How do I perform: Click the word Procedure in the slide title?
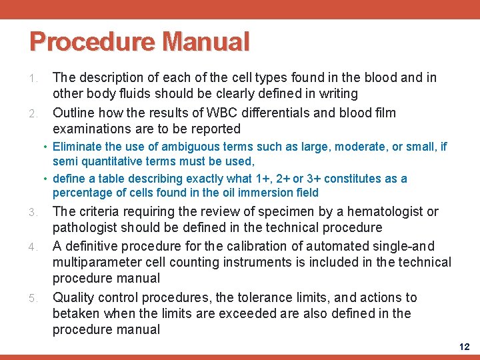91,41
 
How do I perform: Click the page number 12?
464,347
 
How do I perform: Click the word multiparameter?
100,261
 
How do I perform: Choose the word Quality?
73,297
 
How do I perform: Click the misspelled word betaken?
77,313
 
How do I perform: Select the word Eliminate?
76,147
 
